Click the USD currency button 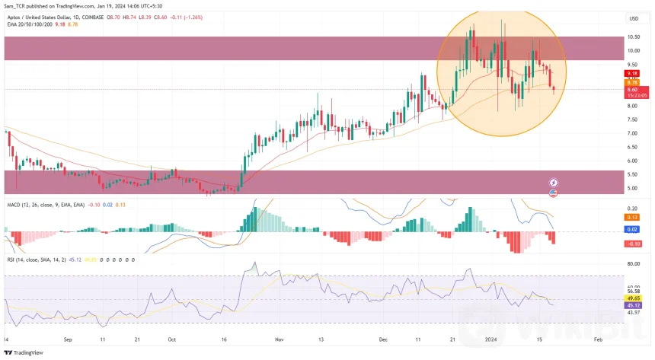[x=633, y=18]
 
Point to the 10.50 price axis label [x=634, y=37]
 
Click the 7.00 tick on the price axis [x=633, y=133]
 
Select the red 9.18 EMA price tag [x=632, y=73]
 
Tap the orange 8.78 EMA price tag [x=632, y=81]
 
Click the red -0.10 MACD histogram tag [x=633, y=244]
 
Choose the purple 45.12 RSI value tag [x=634, y=306]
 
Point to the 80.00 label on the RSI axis [x=634, y=263]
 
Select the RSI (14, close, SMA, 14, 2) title [x=38, y=260]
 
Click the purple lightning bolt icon [x=554, y=183]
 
